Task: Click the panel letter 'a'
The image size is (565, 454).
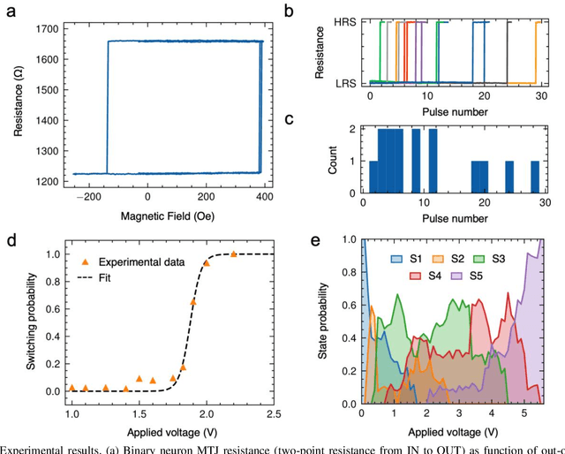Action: [x=11, y=10]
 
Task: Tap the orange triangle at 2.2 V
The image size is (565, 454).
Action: [x=233, y=254]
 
